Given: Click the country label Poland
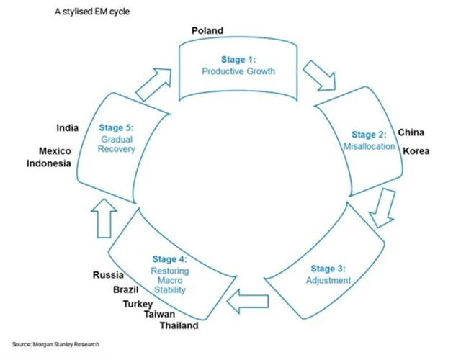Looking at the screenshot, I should point(207,30).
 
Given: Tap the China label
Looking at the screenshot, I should point(411,132).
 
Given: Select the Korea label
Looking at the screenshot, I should point(416,150).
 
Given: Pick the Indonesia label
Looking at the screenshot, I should point(49,163).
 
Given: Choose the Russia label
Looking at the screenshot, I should point(109,275).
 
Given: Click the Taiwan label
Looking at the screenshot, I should point(159,315).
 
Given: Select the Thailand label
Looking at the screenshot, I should point(179,326).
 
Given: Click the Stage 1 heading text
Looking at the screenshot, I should point(238,60).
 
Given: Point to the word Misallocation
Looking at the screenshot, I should point(369,146).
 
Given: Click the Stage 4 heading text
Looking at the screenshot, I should point(170,258).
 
